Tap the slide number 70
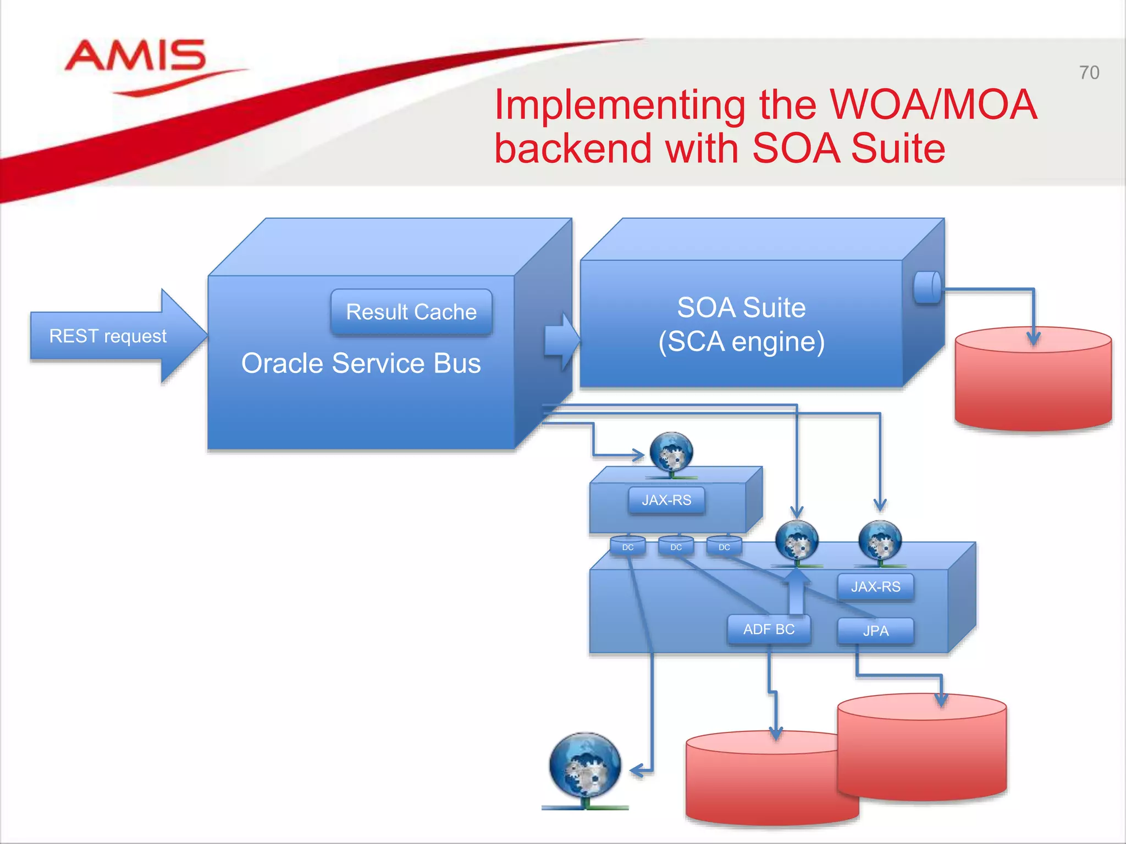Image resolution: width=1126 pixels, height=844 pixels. (x=1089, y=73)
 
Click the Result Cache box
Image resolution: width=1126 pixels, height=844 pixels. (x=411, y=312)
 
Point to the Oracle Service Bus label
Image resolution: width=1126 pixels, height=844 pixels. (x=361, y=363)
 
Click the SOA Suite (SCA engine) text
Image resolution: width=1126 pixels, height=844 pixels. (x=741, y=324)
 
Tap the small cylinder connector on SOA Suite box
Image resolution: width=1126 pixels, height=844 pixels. (x=927, y=287)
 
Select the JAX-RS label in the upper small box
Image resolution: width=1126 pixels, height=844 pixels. (x=666, y=500)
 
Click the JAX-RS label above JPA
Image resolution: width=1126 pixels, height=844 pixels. (x=875, y=587)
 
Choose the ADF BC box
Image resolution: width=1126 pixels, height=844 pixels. (x=769, y=629)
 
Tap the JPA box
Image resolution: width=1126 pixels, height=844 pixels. (x=875, y=631)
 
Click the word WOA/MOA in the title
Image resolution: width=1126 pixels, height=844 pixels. (x=932, y=104)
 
